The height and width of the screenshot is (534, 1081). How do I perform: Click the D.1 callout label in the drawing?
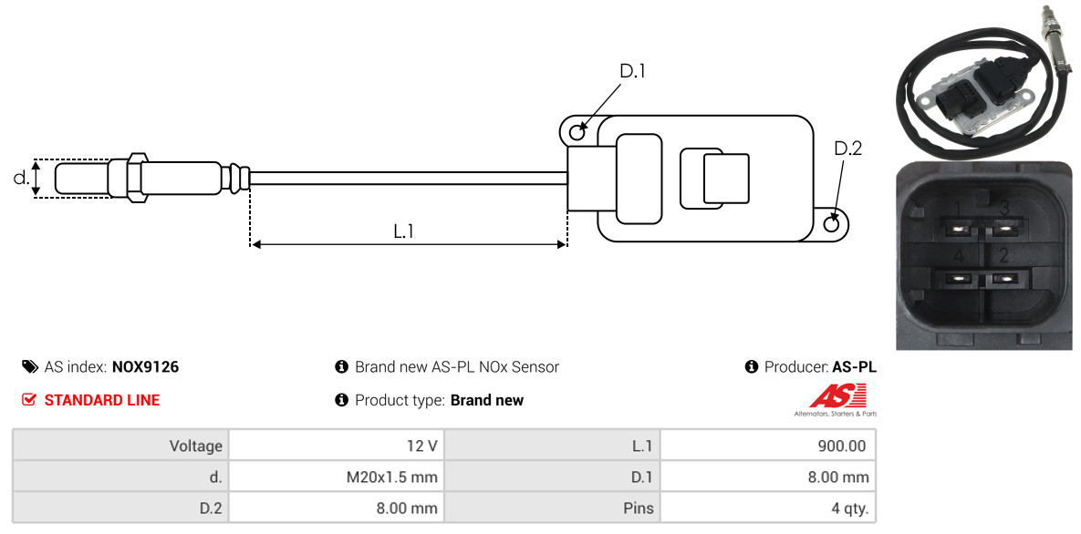632,71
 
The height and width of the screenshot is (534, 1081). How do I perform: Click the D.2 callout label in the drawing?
847,149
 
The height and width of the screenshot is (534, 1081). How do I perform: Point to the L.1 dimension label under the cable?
403,231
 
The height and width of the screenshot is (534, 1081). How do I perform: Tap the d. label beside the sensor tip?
21,178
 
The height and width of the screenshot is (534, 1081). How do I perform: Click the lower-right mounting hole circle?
832,223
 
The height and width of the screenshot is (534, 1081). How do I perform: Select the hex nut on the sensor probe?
137,178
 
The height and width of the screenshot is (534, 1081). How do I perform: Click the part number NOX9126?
145,367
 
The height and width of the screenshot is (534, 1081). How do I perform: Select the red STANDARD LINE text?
102,400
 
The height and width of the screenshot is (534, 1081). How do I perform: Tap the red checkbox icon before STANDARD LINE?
28,400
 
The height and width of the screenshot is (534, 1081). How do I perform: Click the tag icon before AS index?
29,366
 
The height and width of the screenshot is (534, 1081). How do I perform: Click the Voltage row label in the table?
196,446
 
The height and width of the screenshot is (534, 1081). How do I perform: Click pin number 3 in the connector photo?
1004,208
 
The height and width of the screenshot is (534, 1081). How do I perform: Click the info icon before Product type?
341,400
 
